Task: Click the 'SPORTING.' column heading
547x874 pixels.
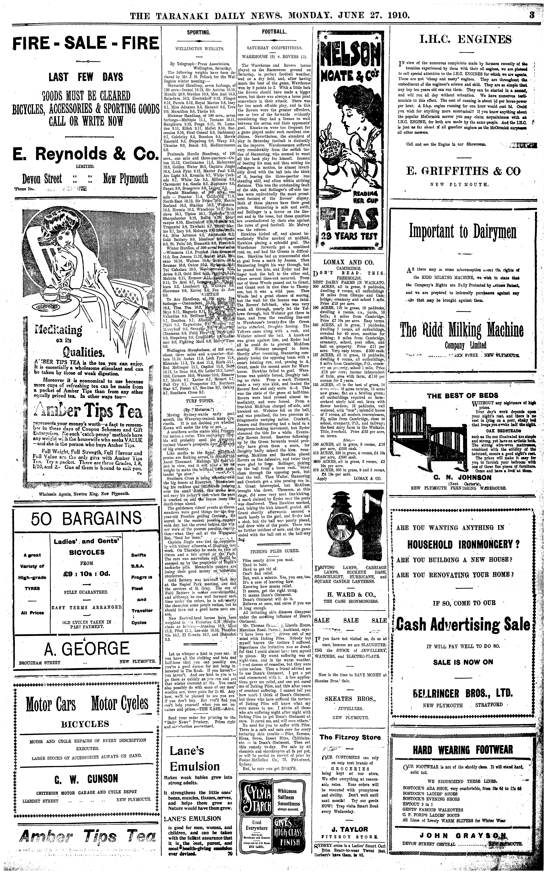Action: click(199, 32)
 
